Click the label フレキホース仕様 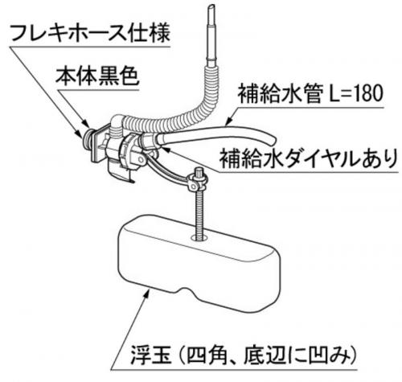(91, 33)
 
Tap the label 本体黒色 (97, 76)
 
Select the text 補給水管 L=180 (311, 94)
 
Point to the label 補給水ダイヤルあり (308, 158)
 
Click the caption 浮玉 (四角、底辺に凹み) (244, 355)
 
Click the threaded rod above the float (199, 212)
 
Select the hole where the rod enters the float (199, 237)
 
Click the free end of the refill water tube (273, 138)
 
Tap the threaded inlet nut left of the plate (86, 138)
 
